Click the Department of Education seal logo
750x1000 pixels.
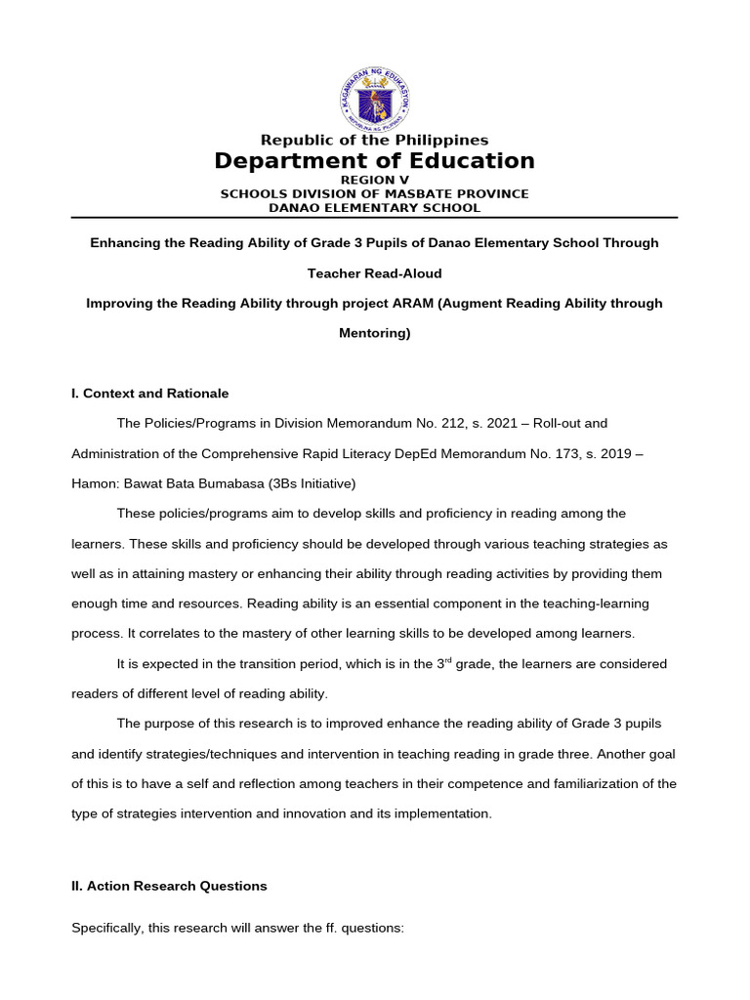374,98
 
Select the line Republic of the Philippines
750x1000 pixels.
374,141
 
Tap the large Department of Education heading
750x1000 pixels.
374,161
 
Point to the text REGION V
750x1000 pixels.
374,181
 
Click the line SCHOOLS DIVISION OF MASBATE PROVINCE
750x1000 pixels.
374,193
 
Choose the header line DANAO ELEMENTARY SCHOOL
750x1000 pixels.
374,207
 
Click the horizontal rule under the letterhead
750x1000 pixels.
374,217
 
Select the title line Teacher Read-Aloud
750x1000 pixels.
374,273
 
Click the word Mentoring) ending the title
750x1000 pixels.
374,333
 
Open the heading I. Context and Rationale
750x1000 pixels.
149,394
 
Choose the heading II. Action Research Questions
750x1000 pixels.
169,886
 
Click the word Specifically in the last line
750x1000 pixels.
106,928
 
